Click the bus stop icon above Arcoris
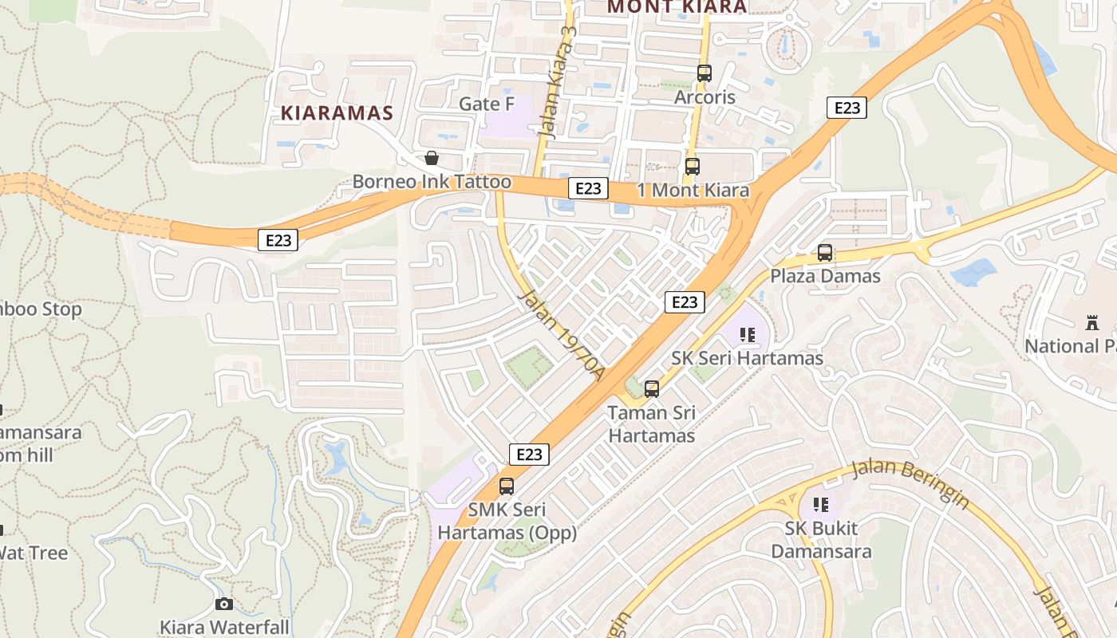point(704,73)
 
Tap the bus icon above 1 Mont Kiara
point(693,167)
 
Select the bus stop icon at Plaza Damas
point(825,253)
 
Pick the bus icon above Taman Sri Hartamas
point(652,389)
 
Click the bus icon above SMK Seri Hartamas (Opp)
point(506,486)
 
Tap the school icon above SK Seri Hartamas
point(747,335)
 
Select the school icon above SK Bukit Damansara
point(820,505)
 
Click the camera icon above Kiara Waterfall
point(224,604)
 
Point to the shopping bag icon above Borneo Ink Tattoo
point(431,158)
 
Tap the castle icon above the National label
point(1092,323)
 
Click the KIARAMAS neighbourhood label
point(337,113)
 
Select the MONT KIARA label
point(677,7)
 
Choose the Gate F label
point(487,104)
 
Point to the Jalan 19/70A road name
point(562,335)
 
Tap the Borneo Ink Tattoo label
point(432,182)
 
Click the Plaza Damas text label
point(825,276)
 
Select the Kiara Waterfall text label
point(224,627)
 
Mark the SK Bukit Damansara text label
point(821,539)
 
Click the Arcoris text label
point(705,96)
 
